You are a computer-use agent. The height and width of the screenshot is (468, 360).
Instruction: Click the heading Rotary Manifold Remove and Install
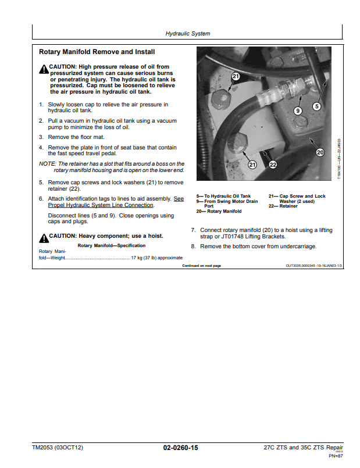[97, 52]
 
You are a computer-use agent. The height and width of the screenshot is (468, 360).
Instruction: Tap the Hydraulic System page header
[188, 34]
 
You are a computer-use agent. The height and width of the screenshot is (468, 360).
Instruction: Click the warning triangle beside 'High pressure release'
[44, 70]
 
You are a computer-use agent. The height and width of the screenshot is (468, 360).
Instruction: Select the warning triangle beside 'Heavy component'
[44, 238]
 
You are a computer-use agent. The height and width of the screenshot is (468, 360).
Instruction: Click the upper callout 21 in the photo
[235, 76]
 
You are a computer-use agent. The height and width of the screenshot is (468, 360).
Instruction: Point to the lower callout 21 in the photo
[252, 165]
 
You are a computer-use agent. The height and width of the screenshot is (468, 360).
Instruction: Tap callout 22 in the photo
[272, 165]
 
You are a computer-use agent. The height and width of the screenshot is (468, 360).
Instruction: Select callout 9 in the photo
[297, 110]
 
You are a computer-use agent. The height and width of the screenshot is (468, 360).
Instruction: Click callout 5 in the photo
[316, 106]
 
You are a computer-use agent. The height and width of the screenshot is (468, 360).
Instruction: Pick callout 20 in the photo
[319, 152]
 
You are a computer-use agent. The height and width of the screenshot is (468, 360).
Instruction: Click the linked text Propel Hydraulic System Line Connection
[101, 205]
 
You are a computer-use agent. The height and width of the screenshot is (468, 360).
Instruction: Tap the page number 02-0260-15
[180, 448]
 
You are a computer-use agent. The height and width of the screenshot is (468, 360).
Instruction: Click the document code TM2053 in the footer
[43, 448]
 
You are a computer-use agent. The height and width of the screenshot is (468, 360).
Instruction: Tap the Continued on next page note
[201, 266]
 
